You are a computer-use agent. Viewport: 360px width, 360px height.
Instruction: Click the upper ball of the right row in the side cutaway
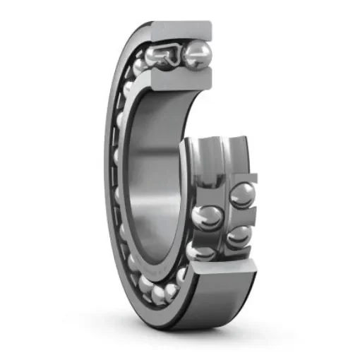pyautogui.click(x=242, y=195)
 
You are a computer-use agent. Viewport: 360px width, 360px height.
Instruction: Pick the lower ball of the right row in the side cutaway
pyautogui.click(x=239, y=236)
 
